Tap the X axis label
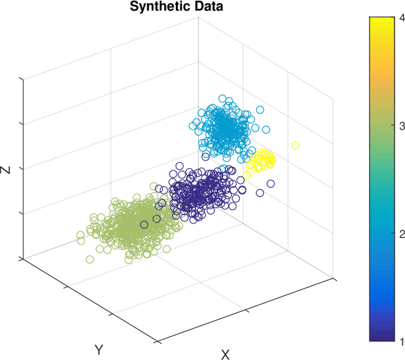pyautogui.click(x=225, y=354)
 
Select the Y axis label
pyautogui.click(x=99, y=349)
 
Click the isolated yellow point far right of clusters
pyautogui.click(x=296, y=146)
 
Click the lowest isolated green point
pyautogui.click(x=90, y=259)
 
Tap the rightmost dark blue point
pyautogui.click(x=271, y=184)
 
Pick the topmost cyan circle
pyautogui.click(x=222, y=99)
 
